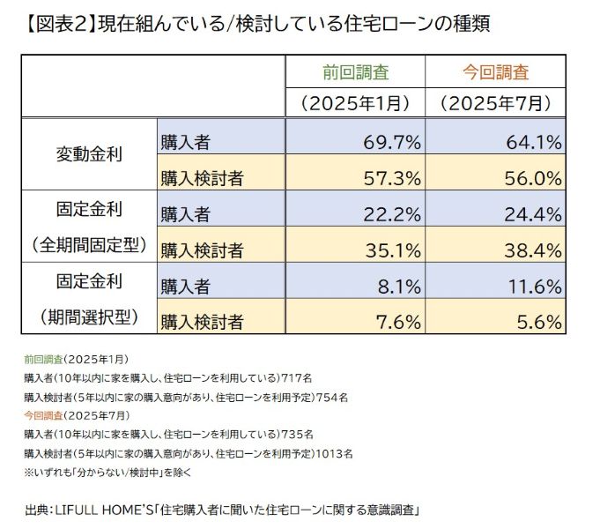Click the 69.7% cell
392,141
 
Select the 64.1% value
533,141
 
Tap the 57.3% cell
392,178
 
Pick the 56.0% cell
533,178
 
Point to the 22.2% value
392,212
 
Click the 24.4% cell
533,212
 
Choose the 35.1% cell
392,250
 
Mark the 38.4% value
533,250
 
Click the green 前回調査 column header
355,72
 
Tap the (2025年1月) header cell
355,103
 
